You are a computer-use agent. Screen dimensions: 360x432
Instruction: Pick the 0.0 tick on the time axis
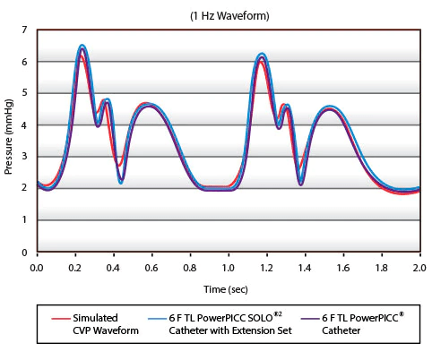(37, 266)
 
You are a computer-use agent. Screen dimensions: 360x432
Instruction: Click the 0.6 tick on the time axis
(151, 266)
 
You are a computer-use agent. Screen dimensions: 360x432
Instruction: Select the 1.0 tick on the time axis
(228, 266)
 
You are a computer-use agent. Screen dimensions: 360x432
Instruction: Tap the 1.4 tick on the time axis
(305, 266)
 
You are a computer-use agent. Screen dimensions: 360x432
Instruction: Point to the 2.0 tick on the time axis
(419, 266)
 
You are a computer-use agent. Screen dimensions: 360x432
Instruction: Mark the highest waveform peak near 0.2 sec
(82, 46)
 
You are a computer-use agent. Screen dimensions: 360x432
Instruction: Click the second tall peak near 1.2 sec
(262, 54)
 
